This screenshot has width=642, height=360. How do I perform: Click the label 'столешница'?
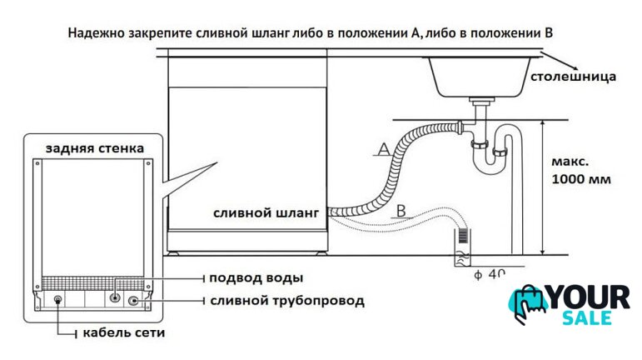click(x=573, y=77)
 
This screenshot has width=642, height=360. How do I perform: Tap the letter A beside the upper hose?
click(x=384, y=148)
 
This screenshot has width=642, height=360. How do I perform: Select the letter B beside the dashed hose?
click(x=401, y=211)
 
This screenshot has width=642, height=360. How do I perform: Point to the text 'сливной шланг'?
click(x=266, y=213)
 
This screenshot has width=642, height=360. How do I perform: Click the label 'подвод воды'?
click(x=256, y=278)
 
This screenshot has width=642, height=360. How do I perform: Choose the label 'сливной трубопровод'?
click(x=287, y=301)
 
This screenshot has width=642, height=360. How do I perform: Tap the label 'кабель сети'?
click(x=124, y=332)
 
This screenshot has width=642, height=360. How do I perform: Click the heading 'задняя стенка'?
click(x=95, y=147)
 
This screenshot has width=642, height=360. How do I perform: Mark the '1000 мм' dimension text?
click(x=581, y=179)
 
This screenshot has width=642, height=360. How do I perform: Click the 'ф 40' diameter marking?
click(x=490, y=274)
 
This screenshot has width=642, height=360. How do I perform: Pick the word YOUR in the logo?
click(x=590, y=297)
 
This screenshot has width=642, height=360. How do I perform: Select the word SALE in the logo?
click(x=587, y=318)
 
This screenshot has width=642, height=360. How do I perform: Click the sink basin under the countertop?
click(x=480, y=77)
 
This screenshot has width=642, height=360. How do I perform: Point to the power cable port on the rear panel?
click(x=58, y=300)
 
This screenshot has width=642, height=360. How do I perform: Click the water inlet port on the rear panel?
click(x=115, y=297)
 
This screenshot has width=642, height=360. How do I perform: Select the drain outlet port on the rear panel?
click(x=133, y=302)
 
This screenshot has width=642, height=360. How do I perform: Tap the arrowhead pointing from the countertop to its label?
click(x=574, y=67)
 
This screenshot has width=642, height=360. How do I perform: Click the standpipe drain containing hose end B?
click(x=462, y=247)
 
